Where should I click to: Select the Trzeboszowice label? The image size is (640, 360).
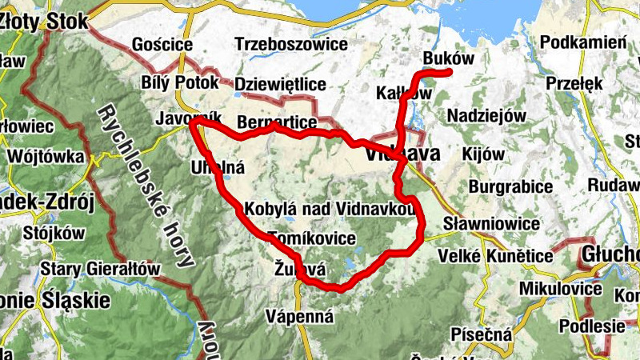coord(292,44)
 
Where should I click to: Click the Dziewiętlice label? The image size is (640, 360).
coord(281,83)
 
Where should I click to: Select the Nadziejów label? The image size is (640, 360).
coord(486,115)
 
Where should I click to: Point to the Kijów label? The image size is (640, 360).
coord(484,154)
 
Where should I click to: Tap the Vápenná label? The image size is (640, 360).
coord(300,316)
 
